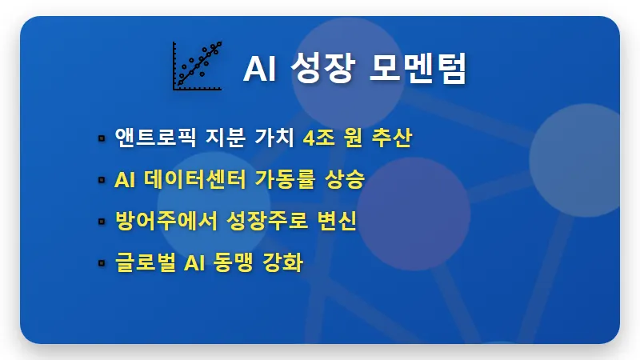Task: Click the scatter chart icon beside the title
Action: [197, 66]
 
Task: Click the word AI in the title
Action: [260, 69]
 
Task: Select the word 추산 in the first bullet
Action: [392, 138]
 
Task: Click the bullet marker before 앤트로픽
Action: [102, 138]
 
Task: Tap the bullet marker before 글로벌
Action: [102, 263]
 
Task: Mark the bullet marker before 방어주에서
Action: [102, 222]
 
